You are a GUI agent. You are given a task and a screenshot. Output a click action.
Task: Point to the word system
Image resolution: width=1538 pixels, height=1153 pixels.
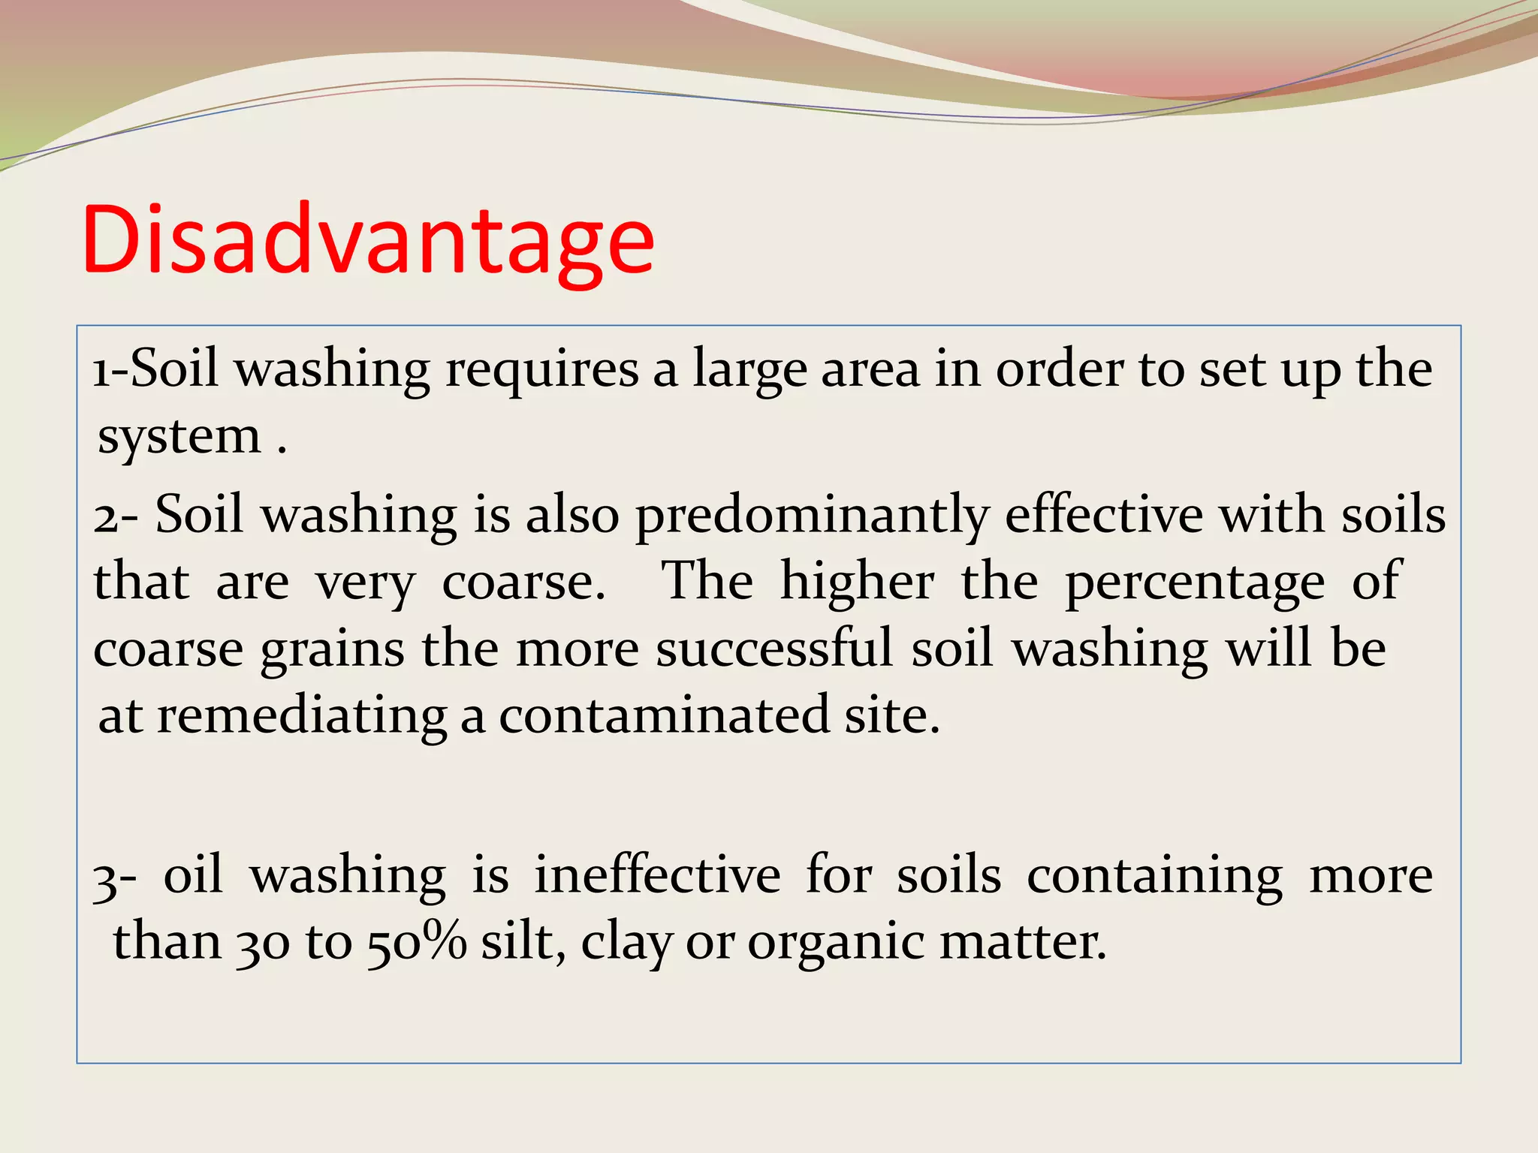pos(179,437)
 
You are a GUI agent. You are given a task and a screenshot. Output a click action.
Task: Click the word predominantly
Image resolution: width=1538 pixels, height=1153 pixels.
pos(812,517)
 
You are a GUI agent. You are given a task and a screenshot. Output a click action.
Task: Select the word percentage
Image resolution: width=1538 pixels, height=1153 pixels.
pos(1195,583)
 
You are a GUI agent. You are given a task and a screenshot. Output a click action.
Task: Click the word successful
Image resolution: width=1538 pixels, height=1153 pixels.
pos(774,649)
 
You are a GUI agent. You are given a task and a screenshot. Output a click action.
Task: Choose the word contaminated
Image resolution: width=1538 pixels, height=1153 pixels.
pos(664,715)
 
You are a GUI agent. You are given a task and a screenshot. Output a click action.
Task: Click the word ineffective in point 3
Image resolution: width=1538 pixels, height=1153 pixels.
pos(657,875)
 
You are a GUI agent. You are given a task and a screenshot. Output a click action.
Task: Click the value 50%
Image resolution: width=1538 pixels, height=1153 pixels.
pos(417,943)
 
